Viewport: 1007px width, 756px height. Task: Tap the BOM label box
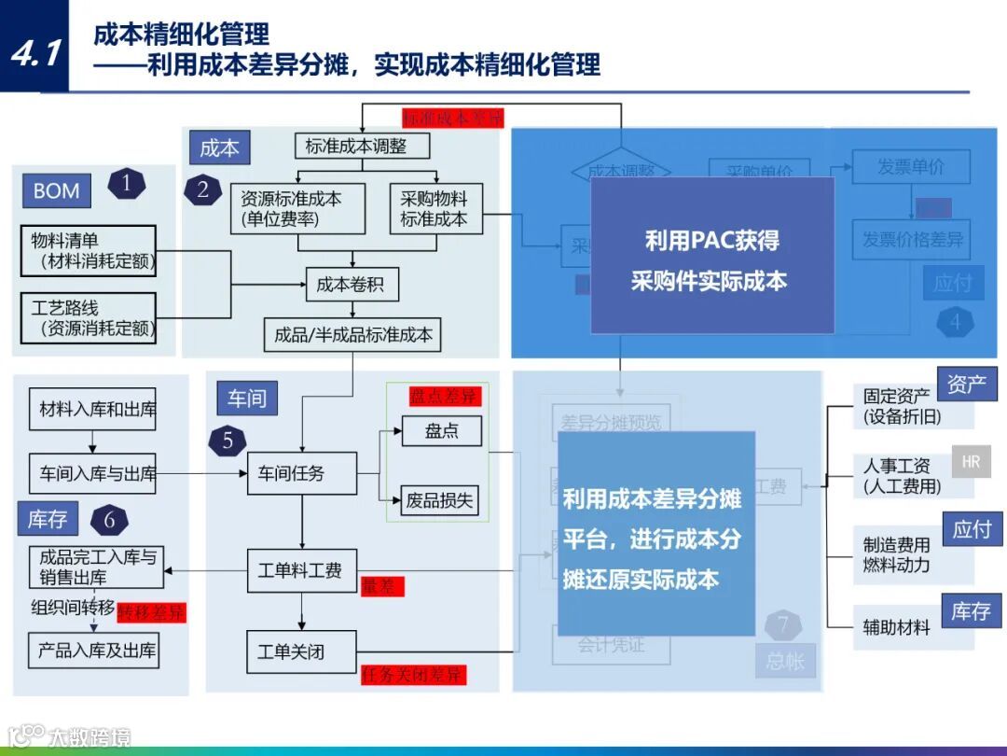56,191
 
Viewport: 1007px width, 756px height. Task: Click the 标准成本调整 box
355,146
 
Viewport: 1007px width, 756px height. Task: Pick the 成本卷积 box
352,285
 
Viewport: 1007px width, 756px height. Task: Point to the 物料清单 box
89,250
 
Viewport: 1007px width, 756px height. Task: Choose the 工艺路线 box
89,317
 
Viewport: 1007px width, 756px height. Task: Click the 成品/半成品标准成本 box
353,334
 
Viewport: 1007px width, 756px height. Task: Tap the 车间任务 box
301,473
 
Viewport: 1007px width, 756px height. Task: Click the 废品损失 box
440,499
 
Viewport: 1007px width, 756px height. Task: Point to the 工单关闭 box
301,651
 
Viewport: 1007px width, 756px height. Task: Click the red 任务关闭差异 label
413,674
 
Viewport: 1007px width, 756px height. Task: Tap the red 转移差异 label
152,612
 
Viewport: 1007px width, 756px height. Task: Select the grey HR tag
971,461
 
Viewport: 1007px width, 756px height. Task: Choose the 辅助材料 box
896,628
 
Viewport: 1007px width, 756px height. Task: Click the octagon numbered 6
109,520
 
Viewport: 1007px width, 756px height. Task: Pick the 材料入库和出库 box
98,409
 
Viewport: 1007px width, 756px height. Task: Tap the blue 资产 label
966,384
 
